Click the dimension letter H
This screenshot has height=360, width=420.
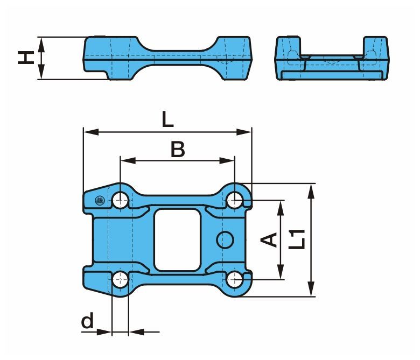(x=24, y=57)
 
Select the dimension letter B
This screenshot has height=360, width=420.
(x=177, y=150)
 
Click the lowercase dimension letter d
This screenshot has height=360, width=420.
(x=87, y=322)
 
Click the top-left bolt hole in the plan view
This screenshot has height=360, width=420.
(x=120, y=201)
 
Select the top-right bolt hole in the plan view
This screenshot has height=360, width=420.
(x=235, y=200)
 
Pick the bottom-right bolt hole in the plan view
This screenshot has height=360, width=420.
(x=235, y=279)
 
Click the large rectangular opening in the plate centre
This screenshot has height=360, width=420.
(x=178, y=239)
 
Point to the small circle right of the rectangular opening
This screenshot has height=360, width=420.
(x=225, y=240)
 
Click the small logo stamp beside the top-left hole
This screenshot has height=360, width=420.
(x=99, y=201)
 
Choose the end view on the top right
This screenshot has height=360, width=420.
(x=332, y=58)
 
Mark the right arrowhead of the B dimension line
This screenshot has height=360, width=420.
(x=231, y=160)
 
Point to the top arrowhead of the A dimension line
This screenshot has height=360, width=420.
(x=281, y=204)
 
